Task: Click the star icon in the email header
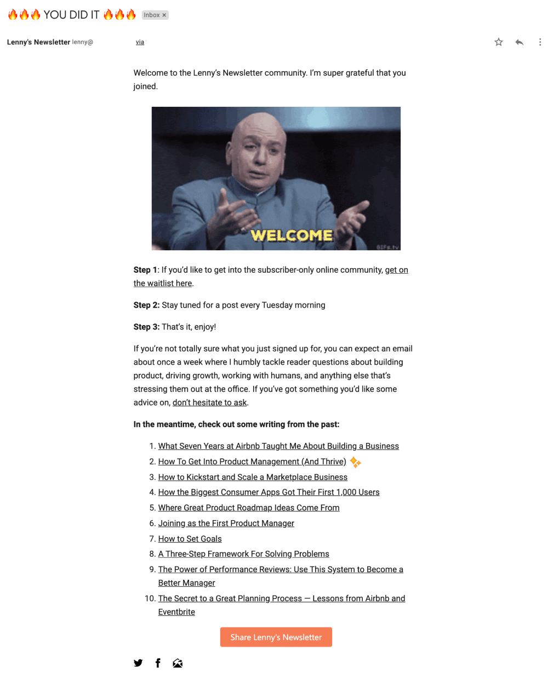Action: [x=498, y=42]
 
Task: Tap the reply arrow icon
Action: [x=519, y=42]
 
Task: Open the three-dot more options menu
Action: [x=540, y=42]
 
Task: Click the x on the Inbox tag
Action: [x=164, y=15]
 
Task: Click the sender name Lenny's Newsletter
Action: [x=38, y=42]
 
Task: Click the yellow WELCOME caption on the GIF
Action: [x=292, y=235]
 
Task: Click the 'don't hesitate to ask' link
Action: [x=209, y=402]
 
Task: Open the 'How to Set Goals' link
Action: [x=190, y=539]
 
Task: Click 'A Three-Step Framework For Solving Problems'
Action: [x=243, y=554]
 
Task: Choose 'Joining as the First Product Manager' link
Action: [x=226, y=523]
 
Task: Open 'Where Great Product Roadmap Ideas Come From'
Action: [x=248, y=508]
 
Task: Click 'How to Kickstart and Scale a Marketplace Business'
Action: [x=253, y=477]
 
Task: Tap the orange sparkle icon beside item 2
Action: [x=356, y=462]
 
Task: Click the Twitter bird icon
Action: [x=138, y=663]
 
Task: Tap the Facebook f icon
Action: [x=158, y=663]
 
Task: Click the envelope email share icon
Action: [x=178, y=663]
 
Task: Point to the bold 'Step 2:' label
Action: [x=146, y=305]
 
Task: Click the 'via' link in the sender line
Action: [x=140, y=42]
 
